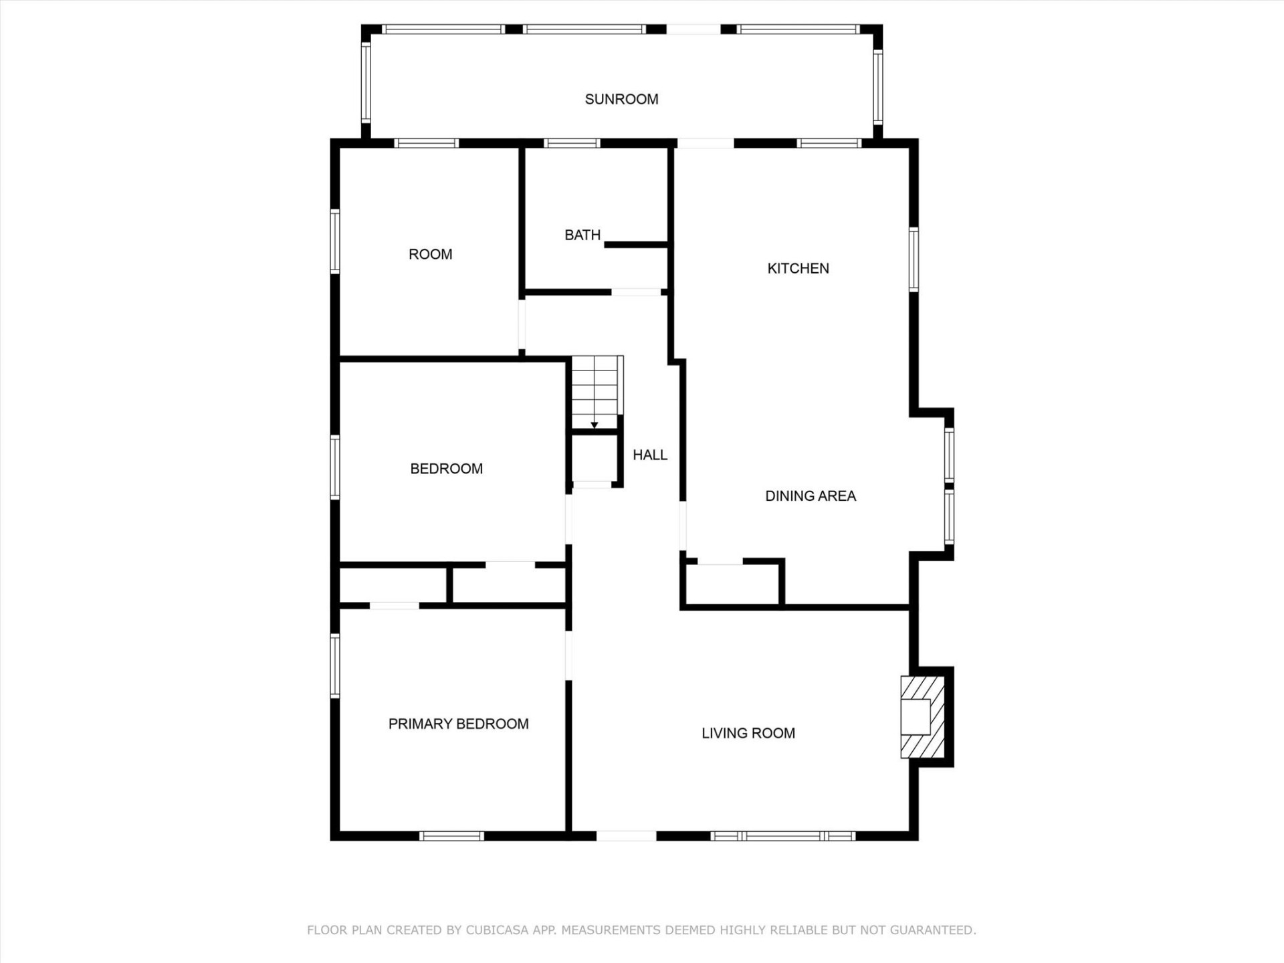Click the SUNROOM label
click(x=621, y=99)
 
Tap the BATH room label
click(x=582, y=235)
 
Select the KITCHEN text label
click(x=798, y=268)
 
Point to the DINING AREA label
click(x=811, y=496)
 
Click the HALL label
click(x=650, y=455)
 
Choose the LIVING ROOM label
click(x=748, y=733)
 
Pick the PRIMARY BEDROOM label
click(x=458, y=724)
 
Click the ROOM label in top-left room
click(x=430, y=254)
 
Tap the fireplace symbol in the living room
click(x=922, y=717)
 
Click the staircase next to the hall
click(x=595, y=391)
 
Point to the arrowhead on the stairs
click(x=594, y=425)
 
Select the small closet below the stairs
click(x=594, y=458)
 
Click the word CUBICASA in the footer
click(x=497, y=930)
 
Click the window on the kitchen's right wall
click(x=914, y=259)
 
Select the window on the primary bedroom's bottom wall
click(x=451, y=836)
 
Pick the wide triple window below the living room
click(x=782, y=836)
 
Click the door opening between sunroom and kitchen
click(x=706, y=143)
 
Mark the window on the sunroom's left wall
click(x=366, y=83)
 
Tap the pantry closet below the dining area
click(x=732, y=585)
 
